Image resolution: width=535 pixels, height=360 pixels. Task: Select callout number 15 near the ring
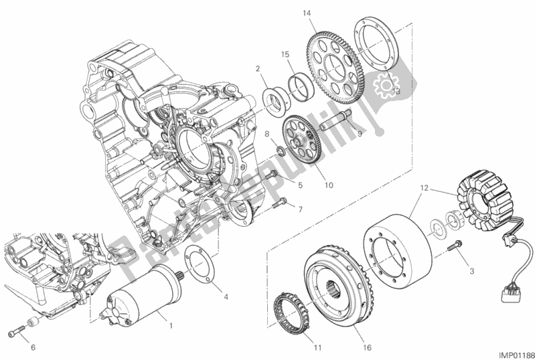tap(284, 54)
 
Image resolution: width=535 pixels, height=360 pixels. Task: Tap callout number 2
tap(256, 68)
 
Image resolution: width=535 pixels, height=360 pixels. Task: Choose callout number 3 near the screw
tap(471, 270)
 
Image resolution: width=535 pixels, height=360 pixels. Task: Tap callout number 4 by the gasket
tap(226, 296)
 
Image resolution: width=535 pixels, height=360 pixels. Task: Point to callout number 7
tap(301, 209)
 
